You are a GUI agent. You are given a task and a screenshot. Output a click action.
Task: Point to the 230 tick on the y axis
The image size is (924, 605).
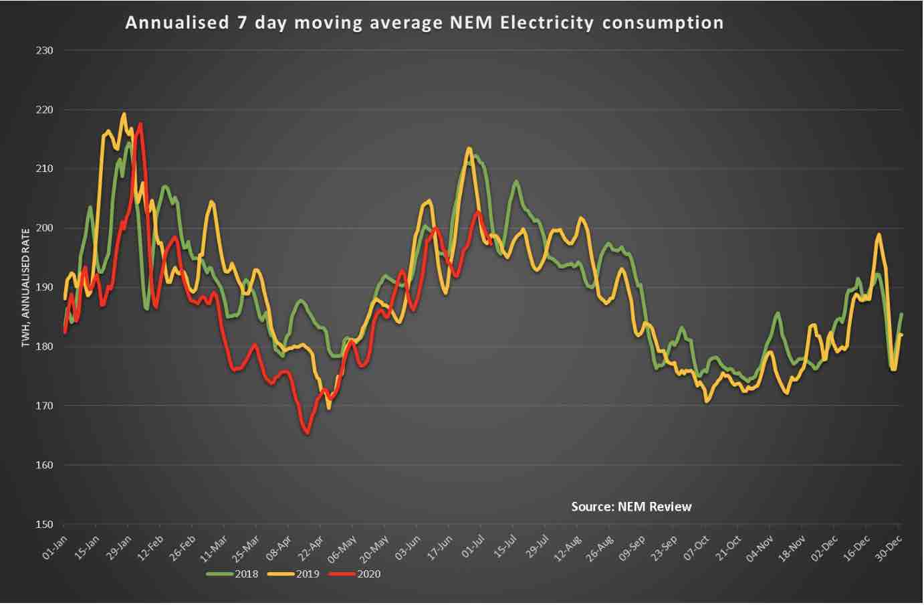pyautogui.click(x=45, y=50)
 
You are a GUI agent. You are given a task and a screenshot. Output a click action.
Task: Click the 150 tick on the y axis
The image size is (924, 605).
pyautogui.click(x=45, y=524)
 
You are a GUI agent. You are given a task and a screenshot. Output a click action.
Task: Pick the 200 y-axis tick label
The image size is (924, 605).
pyautogui.click(x=45, y=228)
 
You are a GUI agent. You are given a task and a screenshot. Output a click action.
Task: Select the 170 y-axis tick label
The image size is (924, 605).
pyautogui.click(x=45, y=406)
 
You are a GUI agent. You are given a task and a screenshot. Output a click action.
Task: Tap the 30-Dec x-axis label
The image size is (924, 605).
pyautogui.click(x=890, y=547)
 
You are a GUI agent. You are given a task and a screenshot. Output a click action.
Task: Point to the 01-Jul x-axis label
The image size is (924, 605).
pyautogui.click(x=473, y=547)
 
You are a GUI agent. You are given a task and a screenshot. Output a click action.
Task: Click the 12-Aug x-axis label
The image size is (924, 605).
pyautogui.click(x=569, y=547)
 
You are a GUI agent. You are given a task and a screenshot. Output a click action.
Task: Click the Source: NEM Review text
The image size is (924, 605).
pyautogui.click(x=631, y=507)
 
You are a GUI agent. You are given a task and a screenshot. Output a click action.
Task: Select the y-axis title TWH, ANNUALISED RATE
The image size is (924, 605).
pyautogui.click(x=26, y=288)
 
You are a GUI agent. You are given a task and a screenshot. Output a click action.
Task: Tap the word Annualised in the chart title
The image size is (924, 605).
pyautogui.click(x=177, y=23)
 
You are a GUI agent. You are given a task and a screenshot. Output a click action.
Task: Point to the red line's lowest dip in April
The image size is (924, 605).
pyautogui.click(x=308, y=434)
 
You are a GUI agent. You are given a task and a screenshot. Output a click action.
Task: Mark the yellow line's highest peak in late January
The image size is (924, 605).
pyautogui.click(x=123, y=114)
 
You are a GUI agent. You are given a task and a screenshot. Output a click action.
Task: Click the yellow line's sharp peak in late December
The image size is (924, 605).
pyautogui.click(x=879, y=234)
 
